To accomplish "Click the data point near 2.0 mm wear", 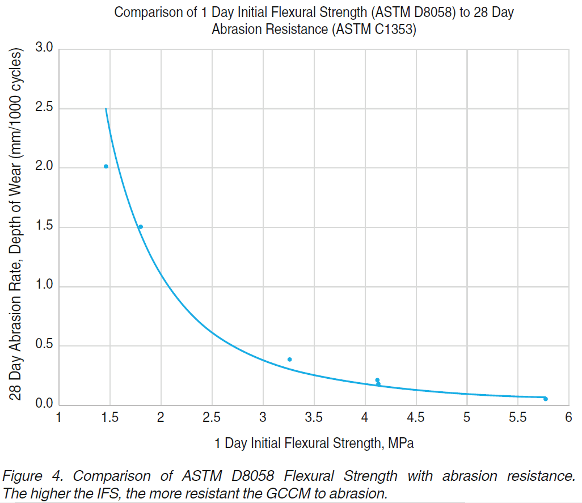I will click(x=106, y=166).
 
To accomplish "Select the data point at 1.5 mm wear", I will click(x=141, y=227).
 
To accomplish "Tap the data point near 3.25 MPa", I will click(x=289, y=360).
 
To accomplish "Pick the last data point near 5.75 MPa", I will click(x=545, y=399).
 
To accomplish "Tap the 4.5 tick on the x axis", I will click(x=415, y=418).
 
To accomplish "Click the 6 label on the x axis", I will click(x=568, y=418).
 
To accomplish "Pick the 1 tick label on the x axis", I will click(x=59, y=418).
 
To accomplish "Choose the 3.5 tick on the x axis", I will click(x=314, y=418).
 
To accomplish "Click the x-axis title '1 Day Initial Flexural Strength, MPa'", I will click(x=314, y=443).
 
